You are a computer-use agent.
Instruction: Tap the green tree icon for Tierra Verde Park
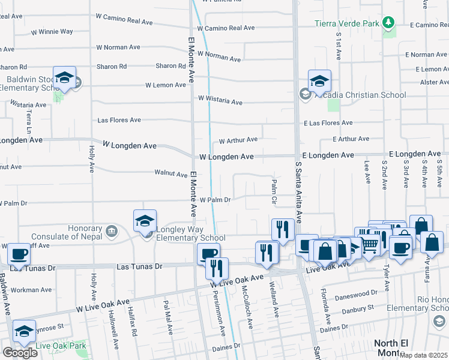(389, 23)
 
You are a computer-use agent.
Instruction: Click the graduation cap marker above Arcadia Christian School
(320, 80)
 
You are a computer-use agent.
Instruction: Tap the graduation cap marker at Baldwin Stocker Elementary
(64, 77)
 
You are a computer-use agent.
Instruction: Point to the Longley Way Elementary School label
(182, 233)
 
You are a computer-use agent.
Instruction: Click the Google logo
(20, 353)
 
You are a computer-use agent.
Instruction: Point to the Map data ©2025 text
(424, 355)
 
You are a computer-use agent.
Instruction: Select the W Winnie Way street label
(52, 31)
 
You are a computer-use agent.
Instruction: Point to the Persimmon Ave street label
(221, 314)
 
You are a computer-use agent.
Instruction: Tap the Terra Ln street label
(28, 121)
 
